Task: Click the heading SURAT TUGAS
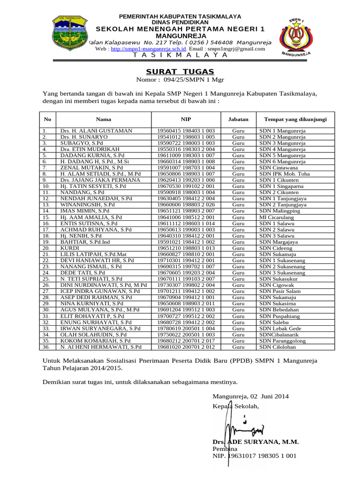(x=180, y=71)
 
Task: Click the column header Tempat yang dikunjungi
(x=295, y=120)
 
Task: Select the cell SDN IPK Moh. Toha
(x=285, y=173)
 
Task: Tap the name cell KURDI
(x=69, y=248)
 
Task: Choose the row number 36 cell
(x=45, y=347)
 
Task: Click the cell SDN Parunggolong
(x=282, y=341)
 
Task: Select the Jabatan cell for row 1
(x=239, y=131)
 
